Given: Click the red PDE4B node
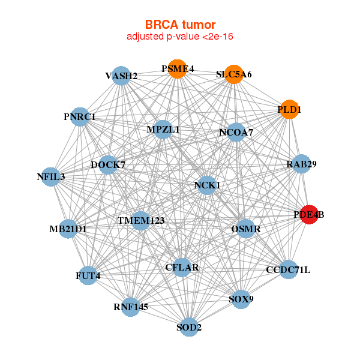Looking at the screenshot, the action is click(308, 215).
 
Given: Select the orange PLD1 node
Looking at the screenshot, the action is click(289, 110).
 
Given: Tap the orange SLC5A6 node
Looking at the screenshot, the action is click(233, 74).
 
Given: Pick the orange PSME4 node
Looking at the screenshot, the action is click(177, 69).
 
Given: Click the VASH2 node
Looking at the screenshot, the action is click(121, 76).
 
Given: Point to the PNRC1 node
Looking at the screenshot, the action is click(80, 116).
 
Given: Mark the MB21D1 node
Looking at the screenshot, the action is click(68, 228).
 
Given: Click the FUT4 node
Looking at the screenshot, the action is click(88, 276).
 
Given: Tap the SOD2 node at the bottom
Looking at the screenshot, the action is click(189, 327).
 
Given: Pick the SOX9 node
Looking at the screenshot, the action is click(241, 299).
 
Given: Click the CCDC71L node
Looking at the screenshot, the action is click(288, 269).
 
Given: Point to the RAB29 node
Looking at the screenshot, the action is click(301, 164).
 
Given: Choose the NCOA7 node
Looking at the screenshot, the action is click(236, 132).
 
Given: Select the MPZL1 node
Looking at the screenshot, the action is click(163, 129).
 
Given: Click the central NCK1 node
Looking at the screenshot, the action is click(207, 185).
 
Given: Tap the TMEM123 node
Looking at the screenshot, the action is click(141, 221).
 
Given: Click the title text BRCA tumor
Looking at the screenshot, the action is click(180, 25).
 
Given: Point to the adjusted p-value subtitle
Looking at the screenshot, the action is click(180, 37).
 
